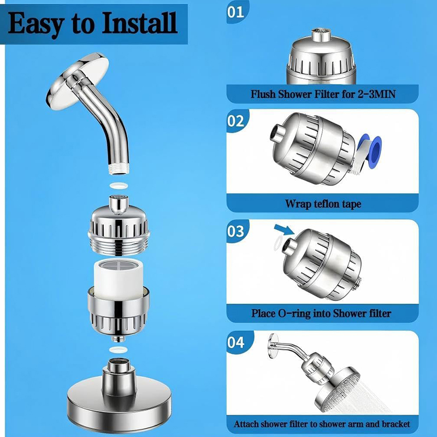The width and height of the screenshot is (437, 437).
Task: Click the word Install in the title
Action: tap(140, 23)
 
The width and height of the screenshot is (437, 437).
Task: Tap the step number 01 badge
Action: tap(236, 12)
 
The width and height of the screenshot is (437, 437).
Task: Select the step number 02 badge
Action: tap(236, 121)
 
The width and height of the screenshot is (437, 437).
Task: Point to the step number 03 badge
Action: tap(236, 231)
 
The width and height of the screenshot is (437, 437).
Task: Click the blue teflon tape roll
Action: tap(369, 152)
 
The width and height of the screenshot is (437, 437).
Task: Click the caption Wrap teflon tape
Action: tap(323, 204)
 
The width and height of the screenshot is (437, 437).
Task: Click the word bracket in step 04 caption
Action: tap(395, 424)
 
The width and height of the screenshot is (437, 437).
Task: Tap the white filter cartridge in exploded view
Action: tap(119, 279)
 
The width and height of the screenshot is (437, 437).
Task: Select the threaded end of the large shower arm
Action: tap(119, 169)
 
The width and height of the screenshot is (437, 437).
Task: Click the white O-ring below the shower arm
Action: tap(119, 185)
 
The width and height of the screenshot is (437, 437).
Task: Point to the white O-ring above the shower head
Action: tap(119, 349)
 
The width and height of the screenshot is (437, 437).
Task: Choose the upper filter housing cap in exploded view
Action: tap(119, 225)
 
